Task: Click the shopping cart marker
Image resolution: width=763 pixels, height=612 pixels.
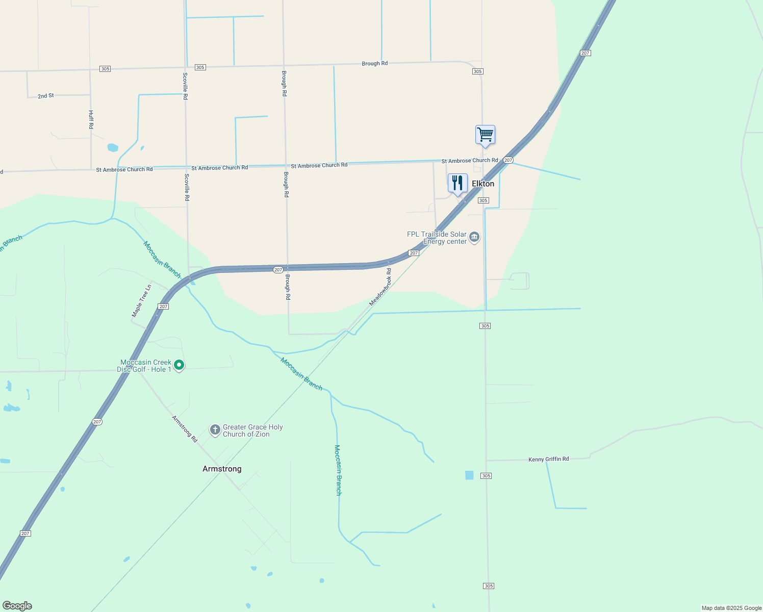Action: click(485, 135)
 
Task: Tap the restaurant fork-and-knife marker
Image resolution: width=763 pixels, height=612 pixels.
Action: click(457, 183)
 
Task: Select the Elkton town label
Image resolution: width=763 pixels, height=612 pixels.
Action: click(483, 184)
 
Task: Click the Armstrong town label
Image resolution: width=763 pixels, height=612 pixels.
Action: click(222, 469)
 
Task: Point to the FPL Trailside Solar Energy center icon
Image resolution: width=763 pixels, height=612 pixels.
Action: click(474, 237)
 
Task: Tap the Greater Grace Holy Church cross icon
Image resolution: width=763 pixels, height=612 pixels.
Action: click(215, 430)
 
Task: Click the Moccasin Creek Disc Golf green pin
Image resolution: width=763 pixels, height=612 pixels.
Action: click(179, 365)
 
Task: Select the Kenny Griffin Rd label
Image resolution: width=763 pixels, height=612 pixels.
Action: click(548, 460)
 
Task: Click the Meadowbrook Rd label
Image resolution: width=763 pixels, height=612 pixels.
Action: click(380, 287)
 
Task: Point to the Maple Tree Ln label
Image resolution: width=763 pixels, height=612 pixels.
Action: click(142, 301)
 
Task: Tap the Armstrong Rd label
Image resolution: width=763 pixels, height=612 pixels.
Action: click(184, 428)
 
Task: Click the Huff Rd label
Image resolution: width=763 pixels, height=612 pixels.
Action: click(91, 119)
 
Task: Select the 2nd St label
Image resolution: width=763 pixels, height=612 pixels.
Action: click(45, 96)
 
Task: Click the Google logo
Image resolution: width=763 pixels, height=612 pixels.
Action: click(17, 606)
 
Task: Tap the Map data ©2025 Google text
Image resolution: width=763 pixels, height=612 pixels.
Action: click(731, 608)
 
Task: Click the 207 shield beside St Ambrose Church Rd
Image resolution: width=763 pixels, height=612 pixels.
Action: click(508, 160)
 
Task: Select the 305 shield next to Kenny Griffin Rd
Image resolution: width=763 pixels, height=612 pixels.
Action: click(486, 476)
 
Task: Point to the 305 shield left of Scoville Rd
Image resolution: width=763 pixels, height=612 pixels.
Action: click(105, 69)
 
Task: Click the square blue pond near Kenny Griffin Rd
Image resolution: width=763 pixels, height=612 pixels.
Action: click(469, 475)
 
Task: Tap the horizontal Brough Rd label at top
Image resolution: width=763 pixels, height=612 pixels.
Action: click(374, 64)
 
